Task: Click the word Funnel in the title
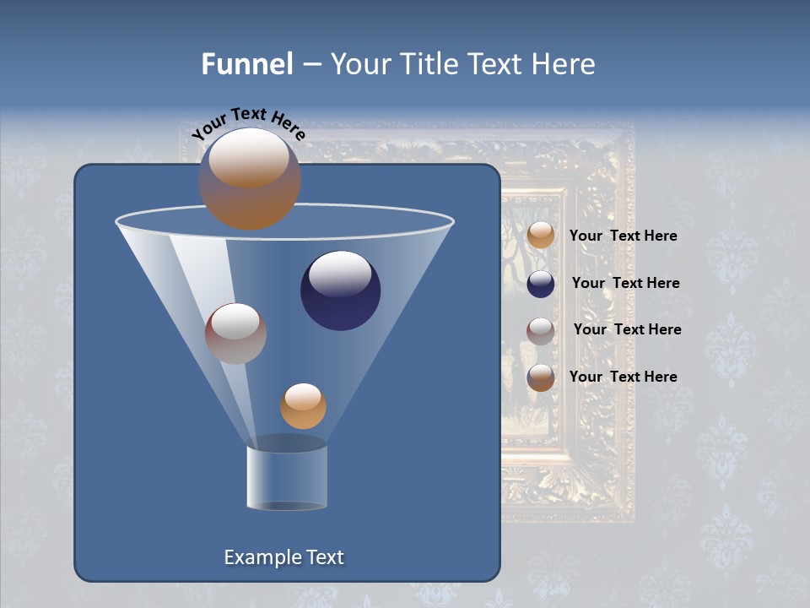[246, 64]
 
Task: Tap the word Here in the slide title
[562, 64]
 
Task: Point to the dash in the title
[310, 65]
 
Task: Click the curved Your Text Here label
[248, 123]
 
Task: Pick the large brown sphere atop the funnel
[250, 179]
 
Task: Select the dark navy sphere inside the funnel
[340, 290]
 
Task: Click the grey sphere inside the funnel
[235, 334]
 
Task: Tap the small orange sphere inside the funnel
[303, 406]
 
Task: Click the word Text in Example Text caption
[324, 557]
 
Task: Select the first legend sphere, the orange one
[541, 235]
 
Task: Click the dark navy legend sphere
[541, 284]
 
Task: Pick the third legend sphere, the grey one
[541, 331]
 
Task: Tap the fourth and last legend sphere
[541, 377]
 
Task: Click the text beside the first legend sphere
[623, 236]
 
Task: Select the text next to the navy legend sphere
[625, 283]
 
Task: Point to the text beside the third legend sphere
[627, 329]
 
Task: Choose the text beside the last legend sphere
[623, 377]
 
